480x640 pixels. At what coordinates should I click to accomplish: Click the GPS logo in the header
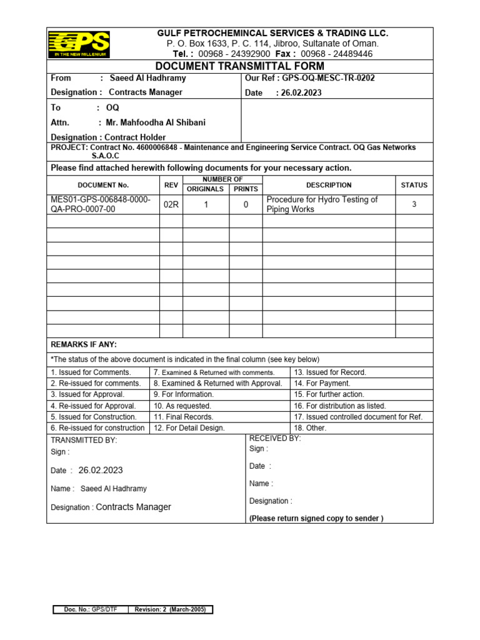click(79, 44)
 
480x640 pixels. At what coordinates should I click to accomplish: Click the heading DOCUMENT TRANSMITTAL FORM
click(240, 66)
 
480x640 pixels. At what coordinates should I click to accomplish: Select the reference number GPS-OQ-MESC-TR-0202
click(328, 78)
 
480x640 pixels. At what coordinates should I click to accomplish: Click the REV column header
click(171, 185)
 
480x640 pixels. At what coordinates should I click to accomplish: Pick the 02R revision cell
click(171, 204)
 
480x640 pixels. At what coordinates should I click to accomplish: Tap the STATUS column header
click(414, 185)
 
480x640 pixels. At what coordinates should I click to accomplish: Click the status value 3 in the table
click(414, 204)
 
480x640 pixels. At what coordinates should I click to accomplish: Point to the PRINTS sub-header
click(246, 189)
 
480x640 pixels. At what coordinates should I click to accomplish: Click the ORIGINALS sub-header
click(206, 189)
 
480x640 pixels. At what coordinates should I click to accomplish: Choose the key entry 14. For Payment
click(322, 383)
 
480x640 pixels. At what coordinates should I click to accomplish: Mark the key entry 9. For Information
click(183, 394)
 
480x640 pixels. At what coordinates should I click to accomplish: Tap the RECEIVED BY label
click(275, 439)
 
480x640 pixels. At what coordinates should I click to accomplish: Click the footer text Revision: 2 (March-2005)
click(171, 610)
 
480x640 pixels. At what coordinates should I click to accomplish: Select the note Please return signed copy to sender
click(316, 518)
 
